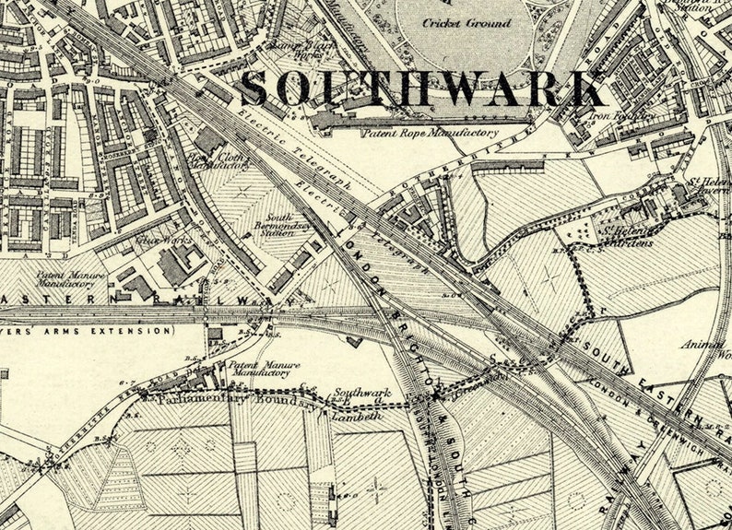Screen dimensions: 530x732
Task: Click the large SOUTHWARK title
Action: [423, 88]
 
